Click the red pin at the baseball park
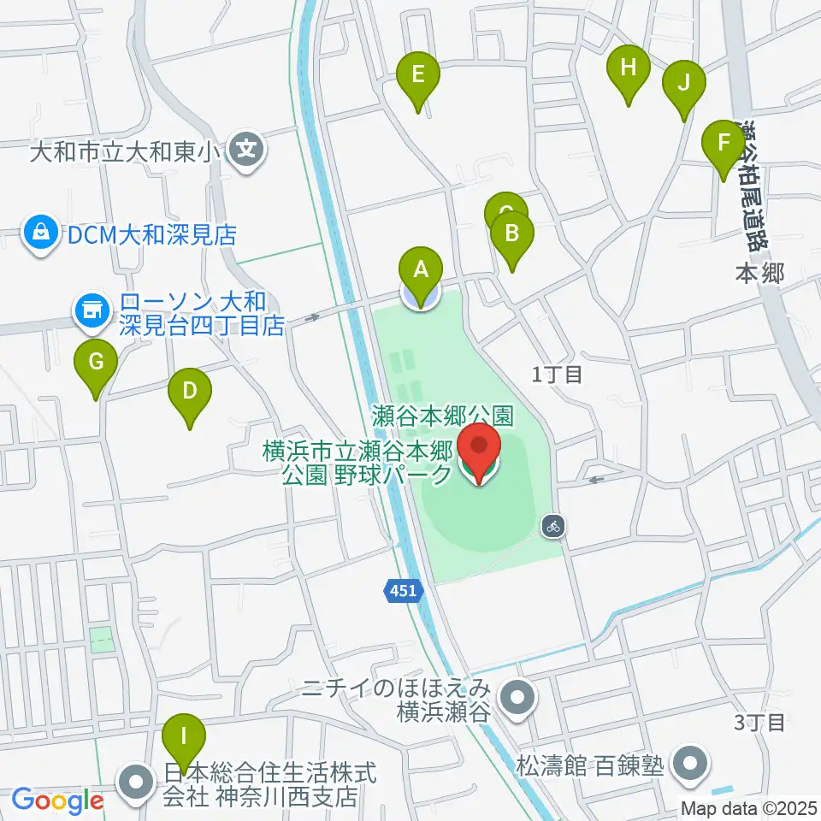479,451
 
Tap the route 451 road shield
404,590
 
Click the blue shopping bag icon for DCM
39,233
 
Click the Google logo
58,801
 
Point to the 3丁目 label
759,723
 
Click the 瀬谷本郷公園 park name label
443,416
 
